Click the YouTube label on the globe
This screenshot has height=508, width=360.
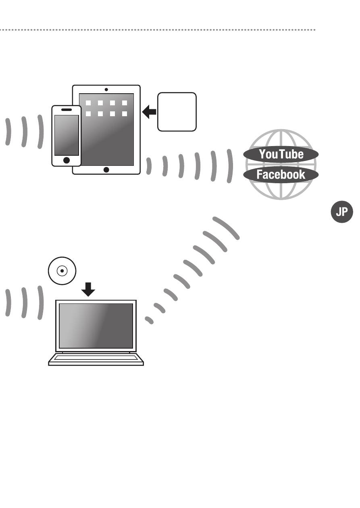click(281, 154)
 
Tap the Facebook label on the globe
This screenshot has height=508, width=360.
click(281, 174)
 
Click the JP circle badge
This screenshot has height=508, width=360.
click(342, 212)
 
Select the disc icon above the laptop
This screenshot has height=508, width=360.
click(62, 271)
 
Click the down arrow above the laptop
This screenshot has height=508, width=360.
click(88, 289)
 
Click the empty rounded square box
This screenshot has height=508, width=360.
click(177, 112)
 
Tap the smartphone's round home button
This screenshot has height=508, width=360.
click(67, 160)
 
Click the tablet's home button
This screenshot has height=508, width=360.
click(106, 170)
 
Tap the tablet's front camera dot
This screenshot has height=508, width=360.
click(106, 89)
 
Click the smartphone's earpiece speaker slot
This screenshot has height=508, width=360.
click(67, 109)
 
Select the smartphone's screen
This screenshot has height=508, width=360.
click(67, 135)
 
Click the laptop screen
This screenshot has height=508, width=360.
click(96, 326)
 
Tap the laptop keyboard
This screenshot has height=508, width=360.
click(96, 357)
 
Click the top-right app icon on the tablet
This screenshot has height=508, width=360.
click(125, 103)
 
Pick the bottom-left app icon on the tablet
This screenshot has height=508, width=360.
click(88, 114)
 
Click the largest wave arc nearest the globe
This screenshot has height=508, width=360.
click(230, 166)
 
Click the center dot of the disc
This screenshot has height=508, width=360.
click(62, 271)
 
